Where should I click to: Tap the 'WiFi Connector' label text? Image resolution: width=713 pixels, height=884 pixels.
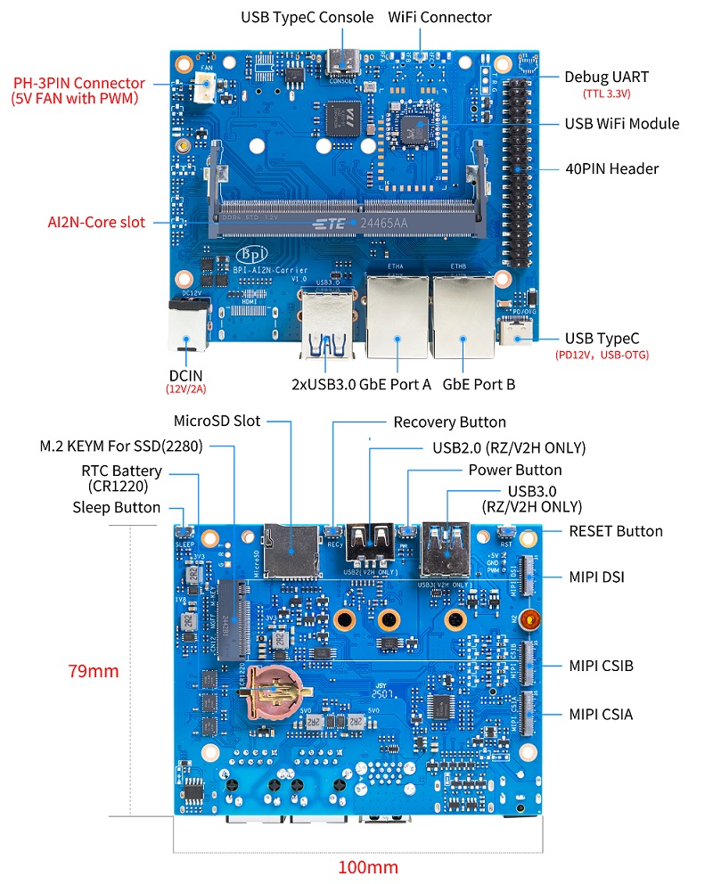(x=439, y=17)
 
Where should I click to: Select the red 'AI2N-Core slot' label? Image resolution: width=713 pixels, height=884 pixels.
(x=96, y=222)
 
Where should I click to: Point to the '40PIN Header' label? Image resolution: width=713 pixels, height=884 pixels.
(x=611, y=168)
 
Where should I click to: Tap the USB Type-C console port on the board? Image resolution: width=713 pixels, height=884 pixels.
(x=342, y=62)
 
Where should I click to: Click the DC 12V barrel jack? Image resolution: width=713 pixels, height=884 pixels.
(x=187, y=327)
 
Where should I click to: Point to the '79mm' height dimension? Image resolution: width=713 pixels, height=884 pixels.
(x=94, y=671)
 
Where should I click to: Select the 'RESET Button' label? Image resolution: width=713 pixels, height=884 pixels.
(x=616, y=531)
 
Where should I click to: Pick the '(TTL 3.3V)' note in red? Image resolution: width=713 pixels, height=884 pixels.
(x=607, y=94)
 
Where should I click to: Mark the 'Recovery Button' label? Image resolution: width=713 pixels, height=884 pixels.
(x=449, y=422)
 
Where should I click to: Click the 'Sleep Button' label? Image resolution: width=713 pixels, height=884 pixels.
(x=117, y=507)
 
